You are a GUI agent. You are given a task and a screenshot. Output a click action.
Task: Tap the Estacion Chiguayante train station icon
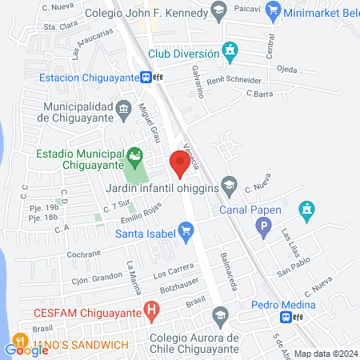pos(146,78)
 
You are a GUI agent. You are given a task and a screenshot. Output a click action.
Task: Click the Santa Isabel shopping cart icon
pos(187,234)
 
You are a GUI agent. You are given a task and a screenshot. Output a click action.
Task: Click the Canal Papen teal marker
pos(305,211)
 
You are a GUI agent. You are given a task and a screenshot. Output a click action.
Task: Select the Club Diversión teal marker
pos(231,54)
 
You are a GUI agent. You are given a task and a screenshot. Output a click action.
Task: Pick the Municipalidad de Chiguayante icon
pos(123,107)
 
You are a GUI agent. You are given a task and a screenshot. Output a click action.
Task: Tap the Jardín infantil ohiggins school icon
pos(230,183)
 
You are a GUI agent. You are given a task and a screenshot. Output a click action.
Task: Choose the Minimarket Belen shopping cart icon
pos(274,10)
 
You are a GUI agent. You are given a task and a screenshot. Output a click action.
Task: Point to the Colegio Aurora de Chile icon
pos(221,314)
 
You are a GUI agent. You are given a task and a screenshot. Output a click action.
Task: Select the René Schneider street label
pos(234,81)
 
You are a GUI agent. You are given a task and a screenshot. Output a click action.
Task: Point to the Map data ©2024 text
pos(326,353)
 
